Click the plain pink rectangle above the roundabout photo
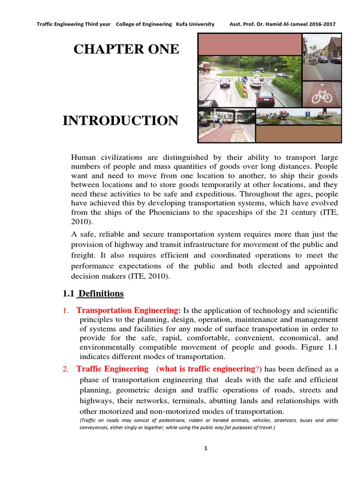(x=250, y=45)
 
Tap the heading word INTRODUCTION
(x=120, y=121)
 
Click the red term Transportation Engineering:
(x=128, y=311)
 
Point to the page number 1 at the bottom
(x=205, y=448)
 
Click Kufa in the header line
(x=181, y=24)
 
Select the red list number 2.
(x=65, y=369)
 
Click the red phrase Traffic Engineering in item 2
(x=112, y=369)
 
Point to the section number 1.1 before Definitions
(x=69, y=294)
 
